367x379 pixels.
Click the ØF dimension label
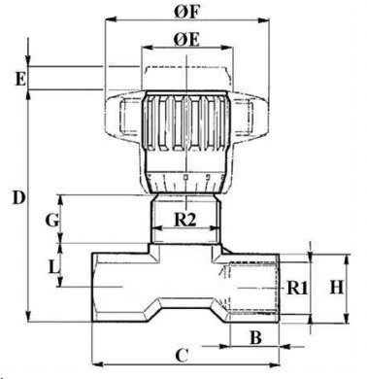pos(187,12)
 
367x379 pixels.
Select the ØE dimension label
pos(186,40)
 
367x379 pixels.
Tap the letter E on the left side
pos(20,79)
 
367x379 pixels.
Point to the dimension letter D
pos(19,197)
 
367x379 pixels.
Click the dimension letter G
pos(51,221)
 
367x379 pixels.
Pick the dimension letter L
pos(53,268)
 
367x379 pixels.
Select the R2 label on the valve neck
pos(185,220)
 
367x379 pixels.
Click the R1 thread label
pos(296,288)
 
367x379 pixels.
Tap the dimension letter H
pos(337,287)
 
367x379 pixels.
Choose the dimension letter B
pos(255,338)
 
